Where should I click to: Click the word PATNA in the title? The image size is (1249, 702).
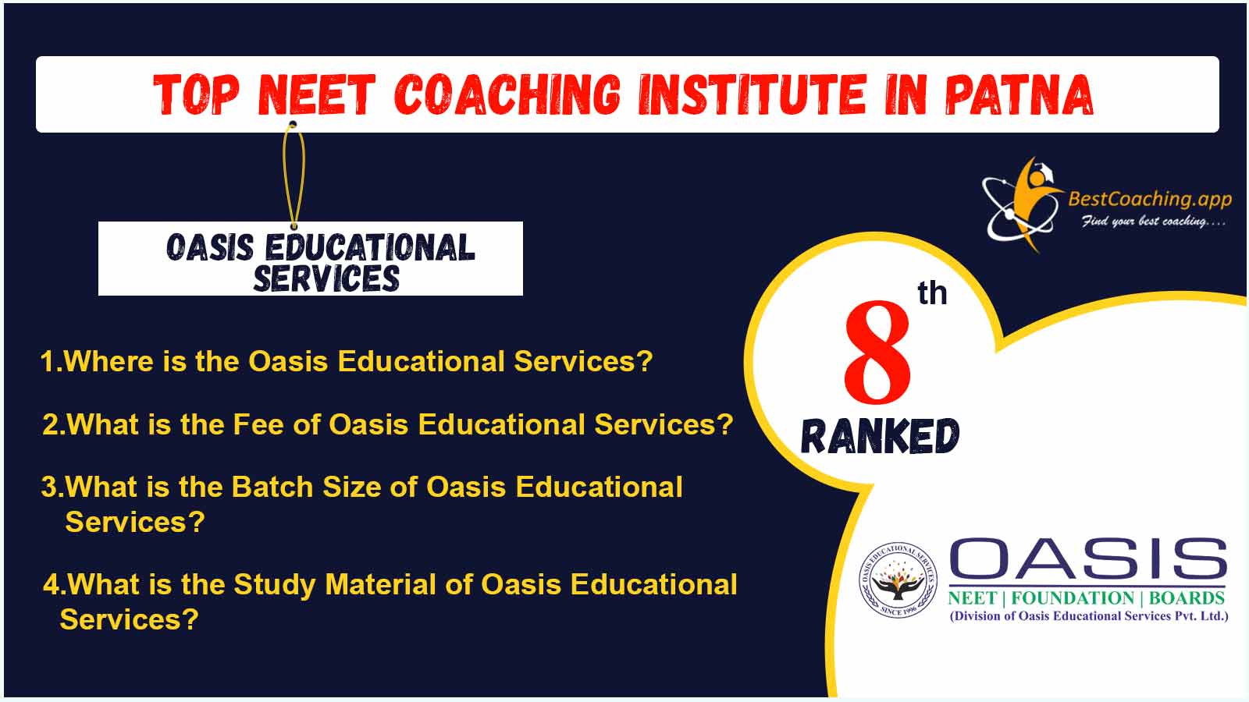click(x=1019, y=95)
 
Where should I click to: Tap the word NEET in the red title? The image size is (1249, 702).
click(x=317, y=95)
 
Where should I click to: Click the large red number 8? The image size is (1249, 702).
click(x=877, y=352)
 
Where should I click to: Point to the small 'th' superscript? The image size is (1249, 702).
click(x=932, y=293)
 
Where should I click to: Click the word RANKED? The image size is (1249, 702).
click(x=880, y=436)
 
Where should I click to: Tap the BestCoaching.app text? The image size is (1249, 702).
click(x=1150, y=199)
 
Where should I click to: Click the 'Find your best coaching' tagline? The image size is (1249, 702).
click(x=1153, y=222)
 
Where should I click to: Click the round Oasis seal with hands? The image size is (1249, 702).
click(x=898, y=580)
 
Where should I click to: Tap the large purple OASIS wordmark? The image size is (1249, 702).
click(x=1088, y=558)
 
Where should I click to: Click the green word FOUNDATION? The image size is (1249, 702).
click(x=1073, y=598)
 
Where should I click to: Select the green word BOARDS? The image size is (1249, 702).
click(x=1187, y=598)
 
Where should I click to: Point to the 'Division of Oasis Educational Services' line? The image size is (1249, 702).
click(x=1089, y=616)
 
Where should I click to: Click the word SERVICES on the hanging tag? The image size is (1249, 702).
click(x=327, y=278)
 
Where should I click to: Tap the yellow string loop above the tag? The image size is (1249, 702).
click(x=294, y=175)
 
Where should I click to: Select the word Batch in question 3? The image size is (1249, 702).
click(x=272, y=487)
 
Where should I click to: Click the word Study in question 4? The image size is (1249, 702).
click(x=274, y=586)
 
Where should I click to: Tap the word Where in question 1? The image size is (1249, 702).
click(x=109, y=361)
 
